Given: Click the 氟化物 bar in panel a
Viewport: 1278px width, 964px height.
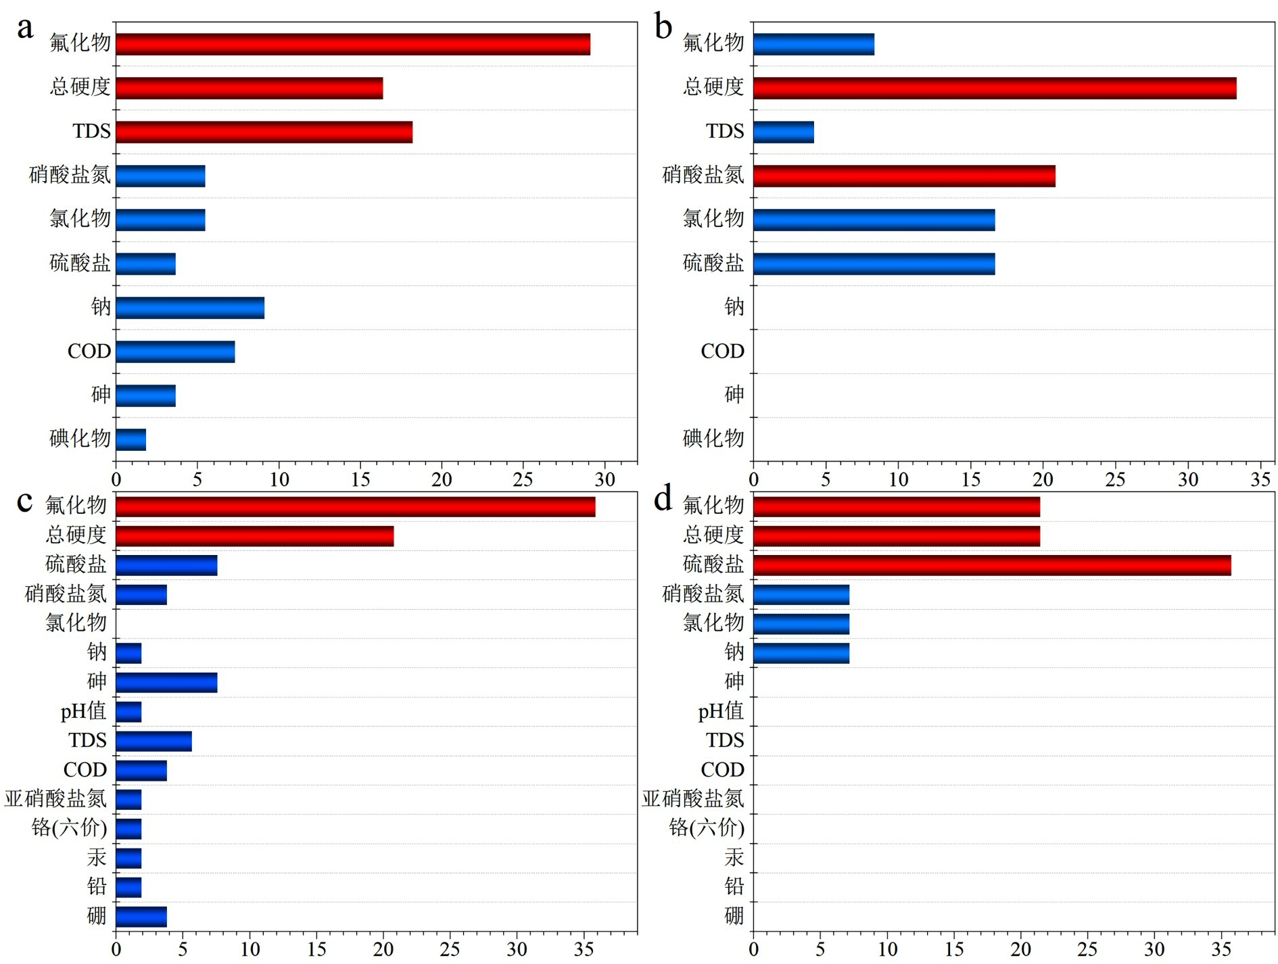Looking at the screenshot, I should click(352, 45).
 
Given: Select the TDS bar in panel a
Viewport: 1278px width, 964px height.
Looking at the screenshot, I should click(264, 132).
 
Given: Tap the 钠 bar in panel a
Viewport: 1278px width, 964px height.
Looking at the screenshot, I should click(190, 308).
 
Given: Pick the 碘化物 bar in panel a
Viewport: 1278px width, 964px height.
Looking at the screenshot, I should click(131, 440).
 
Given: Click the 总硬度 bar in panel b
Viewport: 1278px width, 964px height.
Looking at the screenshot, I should click(994, 89).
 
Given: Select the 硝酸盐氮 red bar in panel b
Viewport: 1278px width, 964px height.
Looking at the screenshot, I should click(904, 176).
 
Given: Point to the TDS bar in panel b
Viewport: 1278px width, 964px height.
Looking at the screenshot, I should click(783, 132).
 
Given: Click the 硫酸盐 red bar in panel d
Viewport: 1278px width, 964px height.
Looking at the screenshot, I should click(991, 566).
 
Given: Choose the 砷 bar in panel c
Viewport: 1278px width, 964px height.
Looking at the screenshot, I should click(166, 683).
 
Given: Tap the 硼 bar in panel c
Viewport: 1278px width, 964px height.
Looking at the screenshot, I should click(141, 917).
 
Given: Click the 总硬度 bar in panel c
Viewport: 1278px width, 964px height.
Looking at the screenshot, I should click(254, 537).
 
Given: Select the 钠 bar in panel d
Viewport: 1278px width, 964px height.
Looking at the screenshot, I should click(801, 654).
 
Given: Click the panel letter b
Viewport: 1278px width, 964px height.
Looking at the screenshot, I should click(663, 28).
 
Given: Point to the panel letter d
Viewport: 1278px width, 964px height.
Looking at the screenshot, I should click(663, 499).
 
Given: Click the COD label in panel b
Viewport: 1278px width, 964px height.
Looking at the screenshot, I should click(722, 352).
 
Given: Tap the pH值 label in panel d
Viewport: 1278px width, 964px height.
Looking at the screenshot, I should click(721, 712).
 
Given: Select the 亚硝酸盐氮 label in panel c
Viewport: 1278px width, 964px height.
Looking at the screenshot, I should click(55, 799).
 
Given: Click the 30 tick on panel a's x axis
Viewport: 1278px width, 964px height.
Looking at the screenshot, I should click(605, 480).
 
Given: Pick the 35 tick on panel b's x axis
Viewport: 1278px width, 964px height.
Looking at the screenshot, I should click(1260, 480).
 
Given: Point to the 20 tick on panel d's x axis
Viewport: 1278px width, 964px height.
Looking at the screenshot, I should click(1020, 950).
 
